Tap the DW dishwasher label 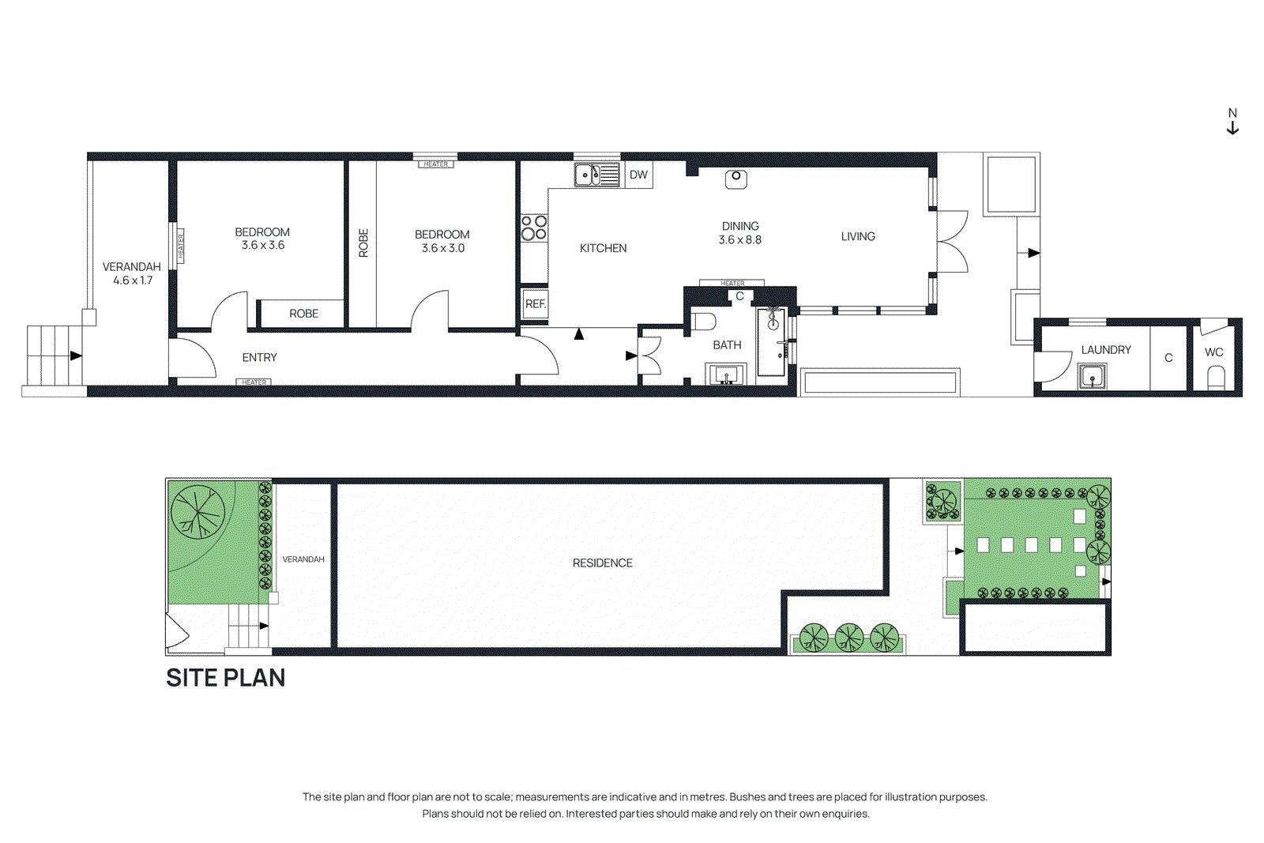click(x=638, y=175)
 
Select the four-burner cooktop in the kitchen click(x=534, y=228)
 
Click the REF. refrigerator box click(x=536, y=304)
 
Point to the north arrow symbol click(x=1232, y=122)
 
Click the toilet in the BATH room click(x=703, y=321)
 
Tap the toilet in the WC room click(x=1216, y=377)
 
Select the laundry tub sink click(x=1093, y=377)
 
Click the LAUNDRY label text click(x=1106, y=350)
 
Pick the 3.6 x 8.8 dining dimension click(x=740, y=240)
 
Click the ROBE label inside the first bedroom click(x=303, y=314)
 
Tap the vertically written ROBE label click(x=363, y=243)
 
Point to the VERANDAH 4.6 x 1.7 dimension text click(x=133, y=280)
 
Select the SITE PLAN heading click(x=225, y=678)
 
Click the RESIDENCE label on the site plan click(x=603, y=563)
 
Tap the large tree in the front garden click(x=197, y=512)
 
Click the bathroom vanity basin click(x=726, y=374)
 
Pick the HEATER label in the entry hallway click(x=254, y=382)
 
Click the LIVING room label click(x=858, y=236)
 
